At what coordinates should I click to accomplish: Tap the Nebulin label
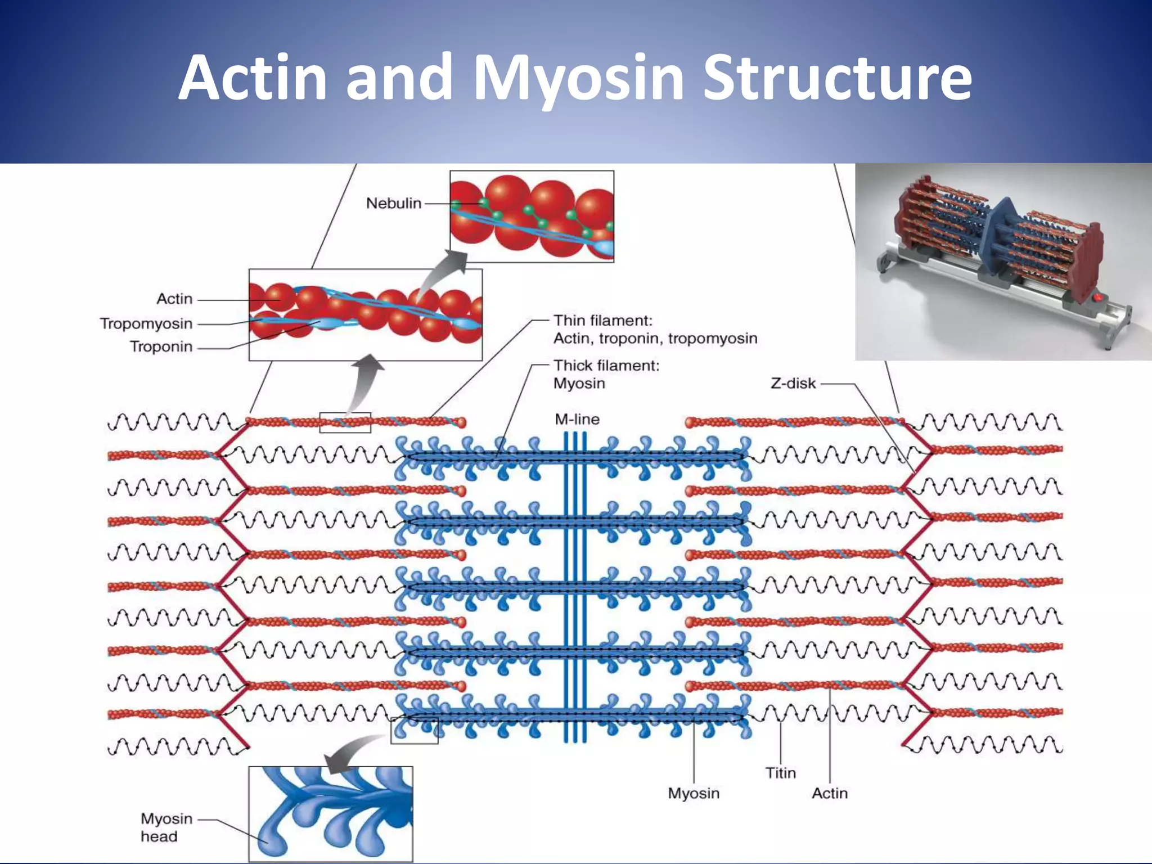tap(393, 203)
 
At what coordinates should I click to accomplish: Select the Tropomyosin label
tap(146, 323)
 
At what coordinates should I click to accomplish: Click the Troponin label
tap(161, 346)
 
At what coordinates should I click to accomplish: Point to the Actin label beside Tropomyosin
tap(174, 299)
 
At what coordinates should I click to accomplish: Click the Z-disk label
tap(793, 384)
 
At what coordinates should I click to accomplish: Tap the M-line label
tap(577, 419)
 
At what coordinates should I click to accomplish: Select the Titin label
tap(780, 773)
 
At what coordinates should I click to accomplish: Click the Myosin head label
tap(166, 827)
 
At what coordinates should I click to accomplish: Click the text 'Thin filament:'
tap(602, 321)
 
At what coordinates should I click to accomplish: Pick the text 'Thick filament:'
tap(606, 366)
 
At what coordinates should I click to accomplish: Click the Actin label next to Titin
tap(829, 793)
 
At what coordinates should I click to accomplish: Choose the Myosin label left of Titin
tap(693, 793)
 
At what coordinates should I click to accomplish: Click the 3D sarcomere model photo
tap(1003, 262)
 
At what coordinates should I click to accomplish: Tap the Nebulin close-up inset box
tap(532, 217)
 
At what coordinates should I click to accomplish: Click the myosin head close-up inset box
tap(331, 813)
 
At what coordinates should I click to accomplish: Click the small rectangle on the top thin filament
tap(345, 422)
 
